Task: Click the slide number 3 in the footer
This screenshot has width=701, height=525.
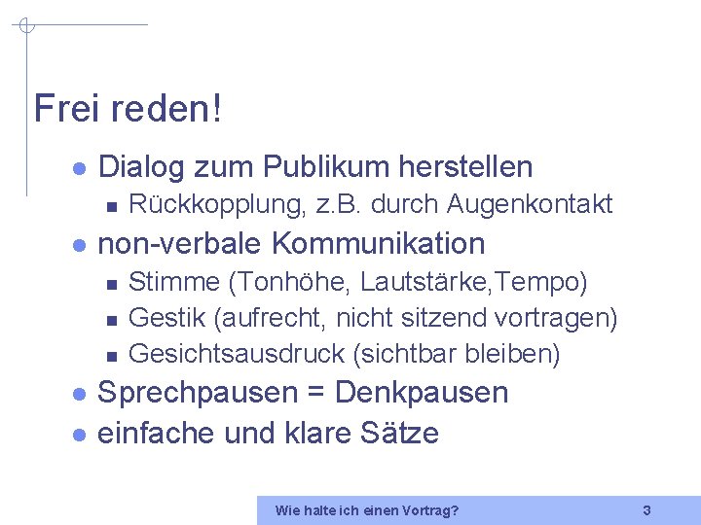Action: pyautogui.click(x=646, y=509)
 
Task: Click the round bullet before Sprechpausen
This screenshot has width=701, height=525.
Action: pyautogui.click(x=80, y=394)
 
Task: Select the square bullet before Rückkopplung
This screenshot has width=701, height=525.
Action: pyautogui.click(x=111, y=205)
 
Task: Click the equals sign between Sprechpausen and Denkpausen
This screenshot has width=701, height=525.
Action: pyautogui.click(x=315, y=394)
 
